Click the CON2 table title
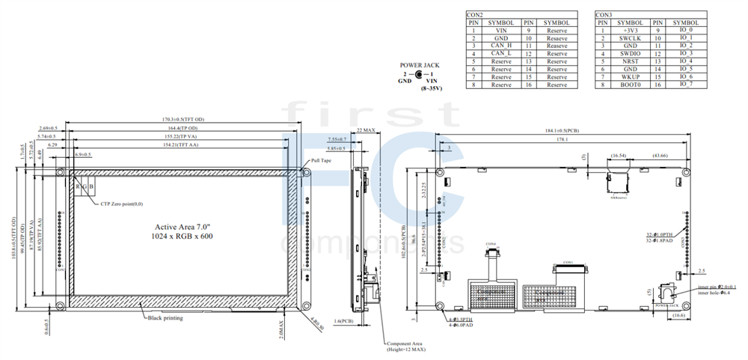(x=475, y=15)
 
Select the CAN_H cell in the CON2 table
(x=501, y=46)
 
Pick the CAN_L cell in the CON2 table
(x=501, y=54)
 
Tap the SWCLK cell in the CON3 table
(x=630, y=38)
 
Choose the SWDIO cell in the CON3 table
(x=630, y=54)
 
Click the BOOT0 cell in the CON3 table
(x=630, y=85)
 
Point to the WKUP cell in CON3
(x=630, y=77)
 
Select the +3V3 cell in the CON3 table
(x=630, y=31)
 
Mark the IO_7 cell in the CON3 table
(x=686, y=85)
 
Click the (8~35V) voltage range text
(x=432, y=88)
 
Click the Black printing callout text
(x=165, y=318)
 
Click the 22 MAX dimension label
(x=365, y=130)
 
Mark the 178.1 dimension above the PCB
(x=562, y=139)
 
